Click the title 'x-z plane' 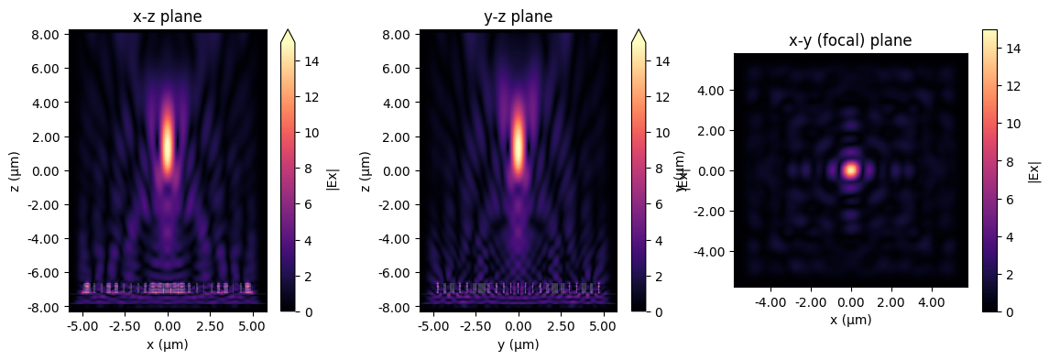[x=168, y=16]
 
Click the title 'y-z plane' [x=519, y=16]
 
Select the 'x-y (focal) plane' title [x=851, y=40]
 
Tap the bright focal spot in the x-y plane [x=851, y=169]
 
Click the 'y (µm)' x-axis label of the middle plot [x=519, y=344]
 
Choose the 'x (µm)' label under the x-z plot [x=168, y=344]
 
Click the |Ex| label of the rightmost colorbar [x=1034, y=170]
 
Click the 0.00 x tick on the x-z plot [x=168, y=326]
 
